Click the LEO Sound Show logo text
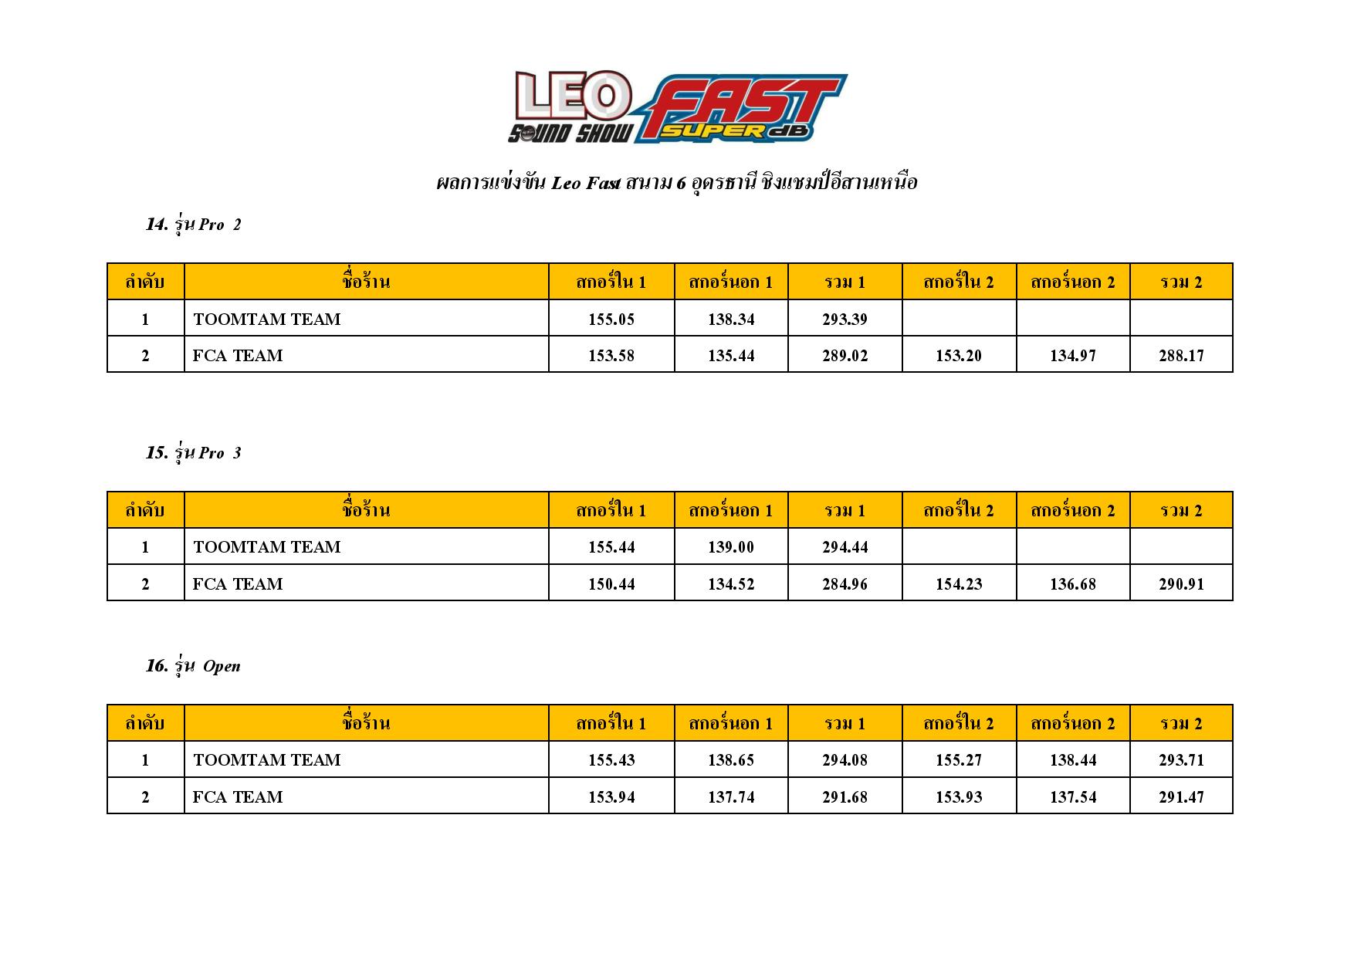click(x=570, y=107)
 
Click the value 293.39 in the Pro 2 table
click(x=845, y=319)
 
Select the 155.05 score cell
click(x=611, y=319)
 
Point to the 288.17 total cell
click(x=1181, y=355)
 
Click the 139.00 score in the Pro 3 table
click(x=730, y=546)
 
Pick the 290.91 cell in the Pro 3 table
click(x=1181, y=583)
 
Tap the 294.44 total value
click(x=845, y=546)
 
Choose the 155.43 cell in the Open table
click(x=611, y=759)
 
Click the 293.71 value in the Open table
click(x=1181, y=759)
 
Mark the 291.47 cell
click(x=1181, y=796)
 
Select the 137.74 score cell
click(x=730, y=796)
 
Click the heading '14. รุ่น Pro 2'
click(x=193, y=225)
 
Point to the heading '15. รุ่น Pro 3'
click(x=193, y=453)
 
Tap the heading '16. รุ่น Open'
click(x=193, y=666)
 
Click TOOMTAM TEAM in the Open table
click(x=266, y=759)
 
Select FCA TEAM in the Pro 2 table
click(x=238, y=355)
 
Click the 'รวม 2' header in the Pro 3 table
click(x=1181, y=510)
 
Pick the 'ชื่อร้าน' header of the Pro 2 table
click(x=366, y=282)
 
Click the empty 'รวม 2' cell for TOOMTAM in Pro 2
click(x=1181, y=319)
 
